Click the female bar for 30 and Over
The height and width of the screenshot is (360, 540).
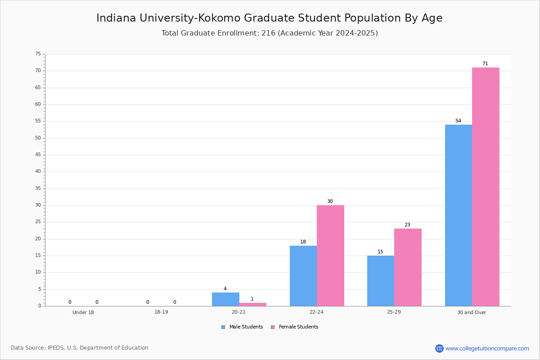pyautogui.click(x=486, y=187)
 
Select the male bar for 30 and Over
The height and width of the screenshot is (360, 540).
pyautogui.click(x=459, y=215)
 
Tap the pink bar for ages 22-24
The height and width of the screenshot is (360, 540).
pyautogui.click(x=330, y=256)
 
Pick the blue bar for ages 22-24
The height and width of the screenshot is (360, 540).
pyautogui.click(x=303, y=276)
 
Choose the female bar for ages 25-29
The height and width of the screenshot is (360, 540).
pyautogui.click(x=408, y=267)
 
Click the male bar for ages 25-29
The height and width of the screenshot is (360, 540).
pyautogui.click(x=381, y=281)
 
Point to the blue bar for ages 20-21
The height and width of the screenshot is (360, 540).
pyautogui.click(x=225, y=299)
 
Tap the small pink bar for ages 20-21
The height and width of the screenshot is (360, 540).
pyautogui.click(x=252, y=304)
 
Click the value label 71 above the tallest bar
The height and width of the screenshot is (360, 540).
pyautogui.click(x=485, y=63)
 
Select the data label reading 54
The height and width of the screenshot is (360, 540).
pyautogui.click(x=458, y=121)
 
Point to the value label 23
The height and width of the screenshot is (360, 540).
pyautogui.click(x=407, y=225)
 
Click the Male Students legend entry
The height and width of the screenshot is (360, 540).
pyautogui.click(x=242, y=327)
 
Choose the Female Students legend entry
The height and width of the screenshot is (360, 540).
pyautogui.click(x=295, y=327)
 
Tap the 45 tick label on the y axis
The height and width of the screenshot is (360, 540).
pyautogui.click(x=38, y=155)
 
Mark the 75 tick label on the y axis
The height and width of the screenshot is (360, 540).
pyautogui.click(x=38, y=54)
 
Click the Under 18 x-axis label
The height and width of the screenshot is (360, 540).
pyautogui.click(x=83, y=312)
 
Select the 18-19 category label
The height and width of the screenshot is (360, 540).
pyautogui.click(x=161, y=312)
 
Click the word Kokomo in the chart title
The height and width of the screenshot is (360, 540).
pyautogui.click(x=219, y=18)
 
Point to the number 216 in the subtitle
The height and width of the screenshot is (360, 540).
pyautogui.click(x=268, y=33)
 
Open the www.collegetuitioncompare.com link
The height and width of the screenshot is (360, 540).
pyautogui.click(x=487, y=349)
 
